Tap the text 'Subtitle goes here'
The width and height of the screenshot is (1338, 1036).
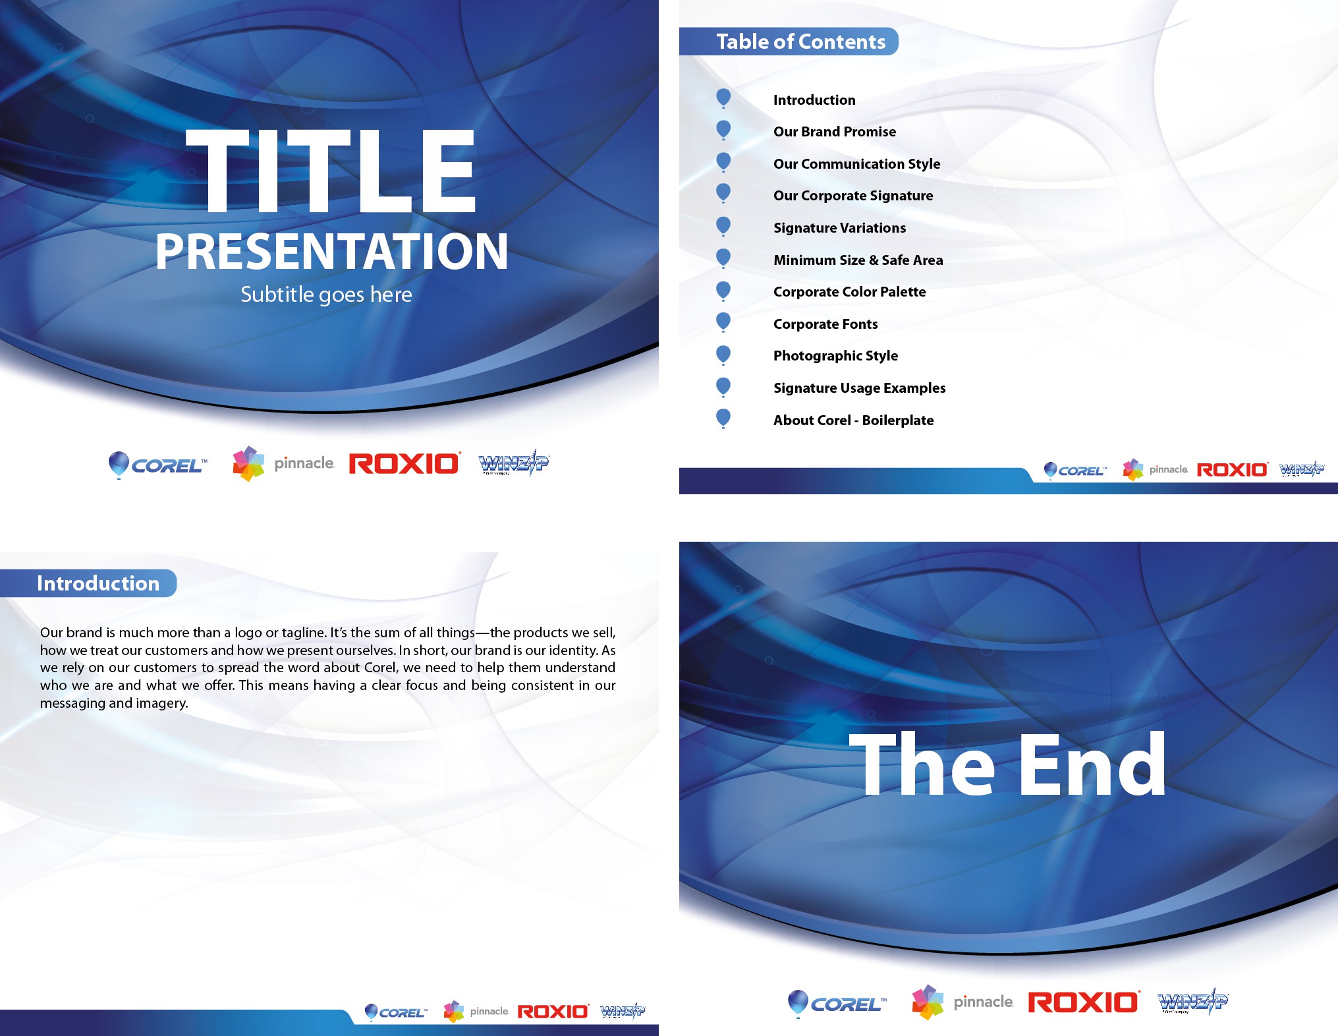pyautogui.click(x=326, y=295)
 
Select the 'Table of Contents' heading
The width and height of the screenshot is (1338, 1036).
pyautogui.click(x=801, y=42)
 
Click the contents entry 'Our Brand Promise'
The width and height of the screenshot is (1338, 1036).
pyautogui.click(x=835, y=132)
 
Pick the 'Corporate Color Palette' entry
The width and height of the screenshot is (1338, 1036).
pyautogui.click(x=850, y=292)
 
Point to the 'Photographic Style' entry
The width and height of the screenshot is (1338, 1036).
pyautogui.click(x=835, y=356)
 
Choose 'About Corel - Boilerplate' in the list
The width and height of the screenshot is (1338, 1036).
pyautogui.click(x=854, y=420)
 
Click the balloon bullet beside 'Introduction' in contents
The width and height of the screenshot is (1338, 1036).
pyautogui.click(x=723, y=98)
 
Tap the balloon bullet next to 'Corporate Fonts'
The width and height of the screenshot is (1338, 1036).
pyautogui.click(x=723, y=322)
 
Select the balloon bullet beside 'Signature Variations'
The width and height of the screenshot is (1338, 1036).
pyautogui.click(x=723, y=225)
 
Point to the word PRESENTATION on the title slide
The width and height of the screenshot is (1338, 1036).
pyautogui.click(x=331, y=251)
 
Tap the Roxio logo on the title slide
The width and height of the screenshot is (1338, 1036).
pyautogui.click(x=404, y=463)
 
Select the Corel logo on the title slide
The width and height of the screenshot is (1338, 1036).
pyautogui.click(x=157, y=465)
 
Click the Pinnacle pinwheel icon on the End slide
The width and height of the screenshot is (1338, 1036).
pyautogui.click(x=928, y=1002)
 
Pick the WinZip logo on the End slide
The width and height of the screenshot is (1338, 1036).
pyautogui.click(x=1193, y=1002)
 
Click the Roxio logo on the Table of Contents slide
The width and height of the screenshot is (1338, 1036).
pyautogui.click(x=1232, y=469)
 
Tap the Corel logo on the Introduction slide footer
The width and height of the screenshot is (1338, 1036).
pyautogui.click(x=396, y=1012)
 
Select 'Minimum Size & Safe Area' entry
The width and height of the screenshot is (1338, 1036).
pyautogui.click(x=858, y=260)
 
